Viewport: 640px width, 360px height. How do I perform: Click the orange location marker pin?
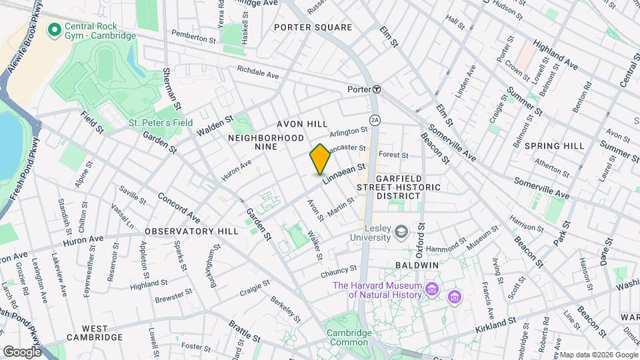[x=320, y=159]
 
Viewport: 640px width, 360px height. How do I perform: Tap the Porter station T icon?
[x=377, y=89]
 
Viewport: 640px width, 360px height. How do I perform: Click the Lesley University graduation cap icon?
[x=401, y=231]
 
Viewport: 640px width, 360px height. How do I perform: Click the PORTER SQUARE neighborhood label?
[x=313, y=27]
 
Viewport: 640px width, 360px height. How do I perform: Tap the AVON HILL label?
[x=302, y=125]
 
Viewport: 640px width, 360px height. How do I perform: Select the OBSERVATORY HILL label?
[x=191, y=231]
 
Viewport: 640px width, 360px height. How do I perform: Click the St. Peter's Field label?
[x=161, y=123]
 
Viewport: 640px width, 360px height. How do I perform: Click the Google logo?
[x=21, y=351]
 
